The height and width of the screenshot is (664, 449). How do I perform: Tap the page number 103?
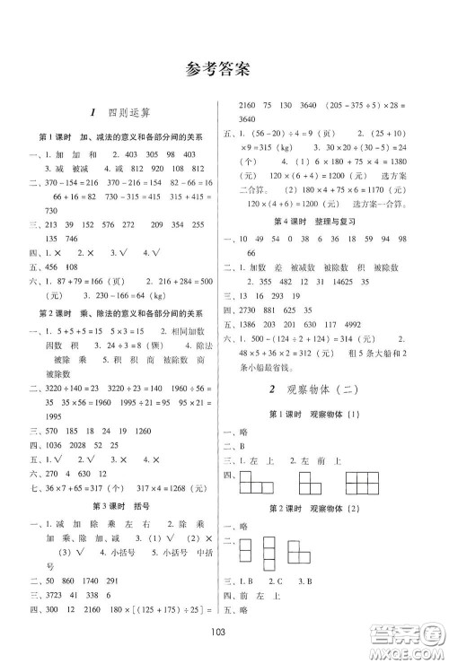tap(224, 631)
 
